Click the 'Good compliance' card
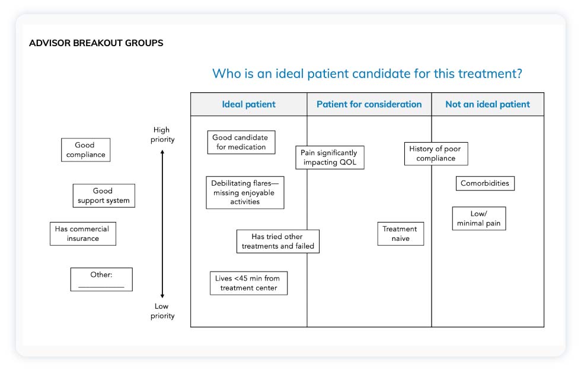[86, 150]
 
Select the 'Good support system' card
[104, 196]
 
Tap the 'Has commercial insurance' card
[82, 234]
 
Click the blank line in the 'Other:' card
[101, 286]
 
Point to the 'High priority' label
[162, 134]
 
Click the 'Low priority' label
[162, 311]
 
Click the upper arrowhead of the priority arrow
[162, 153]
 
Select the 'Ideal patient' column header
[248, 104]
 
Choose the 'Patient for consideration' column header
[369, 104]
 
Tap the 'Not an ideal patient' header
[487, 104]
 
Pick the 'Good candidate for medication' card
[241, 142]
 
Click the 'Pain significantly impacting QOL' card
[330, 157]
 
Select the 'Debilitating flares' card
[245, 192]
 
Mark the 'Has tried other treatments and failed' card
[277, 241]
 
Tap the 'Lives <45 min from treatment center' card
[248, 283]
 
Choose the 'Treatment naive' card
[400, 234]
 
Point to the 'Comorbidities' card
[485, 183]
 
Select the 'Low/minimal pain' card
[479, 218]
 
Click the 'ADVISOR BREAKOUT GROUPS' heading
[96, 43]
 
